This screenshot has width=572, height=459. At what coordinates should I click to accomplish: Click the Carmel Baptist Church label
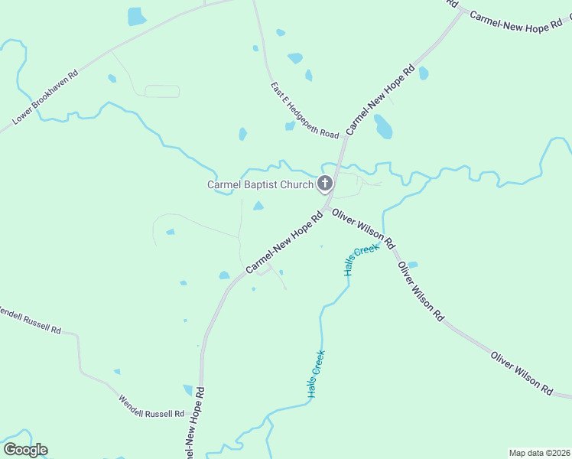tap(260, 184)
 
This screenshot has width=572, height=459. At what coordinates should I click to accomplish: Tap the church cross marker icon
tap(325, 184)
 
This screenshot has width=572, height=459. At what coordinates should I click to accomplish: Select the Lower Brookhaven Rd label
tap(46, 99)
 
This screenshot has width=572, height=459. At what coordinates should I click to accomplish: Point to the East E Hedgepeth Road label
tap(304, 111)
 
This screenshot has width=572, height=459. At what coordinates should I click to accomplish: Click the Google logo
tap(25, 449)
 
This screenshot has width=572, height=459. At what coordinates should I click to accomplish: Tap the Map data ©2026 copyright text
tap(539, 452)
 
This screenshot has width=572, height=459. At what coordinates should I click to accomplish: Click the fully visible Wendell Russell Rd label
tap(151, 406)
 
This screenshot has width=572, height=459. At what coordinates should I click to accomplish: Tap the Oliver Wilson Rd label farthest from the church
tap(522, 373)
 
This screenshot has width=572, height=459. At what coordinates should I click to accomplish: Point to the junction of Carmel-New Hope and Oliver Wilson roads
tap(327, 208)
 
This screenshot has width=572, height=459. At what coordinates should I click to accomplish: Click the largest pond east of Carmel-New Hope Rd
tap(383, 126)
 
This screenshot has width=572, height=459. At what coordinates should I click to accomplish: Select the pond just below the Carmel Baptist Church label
tap(258, 205)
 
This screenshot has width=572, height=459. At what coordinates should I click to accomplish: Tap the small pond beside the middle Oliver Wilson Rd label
tap(413, 265)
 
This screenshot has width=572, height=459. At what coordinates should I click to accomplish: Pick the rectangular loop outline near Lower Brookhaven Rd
tap(162, 91)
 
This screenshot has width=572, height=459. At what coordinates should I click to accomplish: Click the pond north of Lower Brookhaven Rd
tap(136, 16)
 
